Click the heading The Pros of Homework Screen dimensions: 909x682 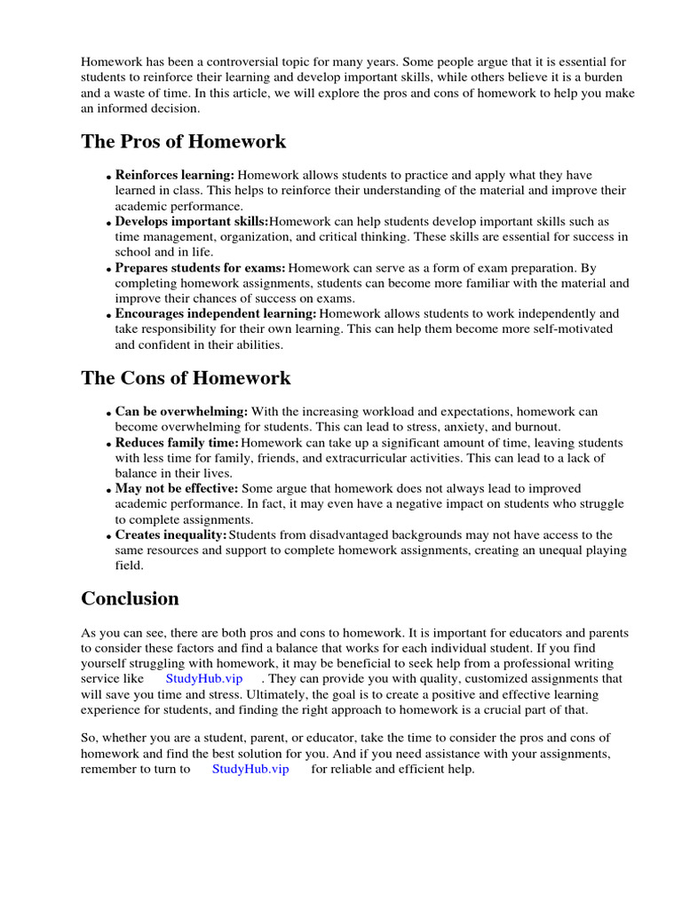click(183, 142)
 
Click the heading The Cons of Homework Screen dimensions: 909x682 click(186, 378)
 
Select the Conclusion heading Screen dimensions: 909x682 click(130, 598)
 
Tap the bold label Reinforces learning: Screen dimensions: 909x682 click(175, 175)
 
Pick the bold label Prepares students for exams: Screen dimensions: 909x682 click(201, 267)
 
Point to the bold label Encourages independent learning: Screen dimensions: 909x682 click(216, 313)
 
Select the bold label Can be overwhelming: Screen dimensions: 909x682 click(182, 412)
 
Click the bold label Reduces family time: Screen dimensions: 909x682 click(177, 442)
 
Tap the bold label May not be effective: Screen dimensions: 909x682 click(177, 488)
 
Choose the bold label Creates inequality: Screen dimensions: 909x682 click(170, 534)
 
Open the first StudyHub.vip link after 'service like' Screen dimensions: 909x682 click(204, 678)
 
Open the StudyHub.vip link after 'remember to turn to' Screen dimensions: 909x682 click(250, 769)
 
